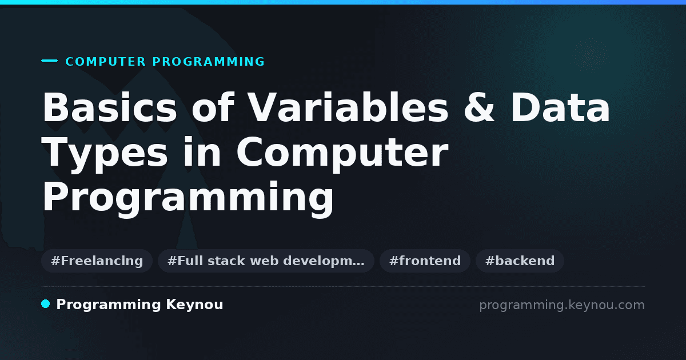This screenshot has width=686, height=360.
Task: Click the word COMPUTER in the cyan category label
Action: coord(105,62)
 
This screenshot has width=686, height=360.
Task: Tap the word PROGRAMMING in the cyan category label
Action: coord(208,62)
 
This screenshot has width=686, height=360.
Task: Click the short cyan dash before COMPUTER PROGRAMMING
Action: coord(49,61)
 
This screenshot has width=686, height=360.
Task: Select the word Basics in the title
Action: coord(110,107)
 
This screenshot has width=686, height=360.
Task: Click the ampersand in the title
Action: coord(479,107)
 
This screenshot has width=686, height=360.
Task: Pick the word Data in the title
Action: coord(560,107)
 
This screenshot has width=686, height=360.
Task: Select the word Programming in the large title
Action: coord(188,198)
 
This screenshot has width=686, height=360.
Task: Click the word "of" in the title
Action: coord(213,107)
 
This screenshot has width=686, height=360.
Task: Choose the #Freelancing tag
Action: coord(97,261)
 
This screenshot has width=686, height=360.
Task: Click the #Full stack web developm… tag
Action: coord(266,261)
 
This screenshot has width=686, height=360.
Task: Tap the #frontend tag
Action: coord(425,261)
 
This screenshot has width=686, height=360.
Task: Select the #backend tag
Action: coord(520,261)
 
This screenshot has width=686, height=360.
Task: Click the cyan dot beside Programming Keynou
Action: coord(46,304)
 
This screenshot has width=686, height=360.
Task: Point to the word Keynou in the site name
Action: coord(194,305)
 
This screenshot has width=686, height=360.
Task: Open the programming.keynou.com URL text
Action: coord(562,305)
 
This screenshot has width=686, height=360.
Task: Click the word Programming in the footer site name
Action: coord(109,305)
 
